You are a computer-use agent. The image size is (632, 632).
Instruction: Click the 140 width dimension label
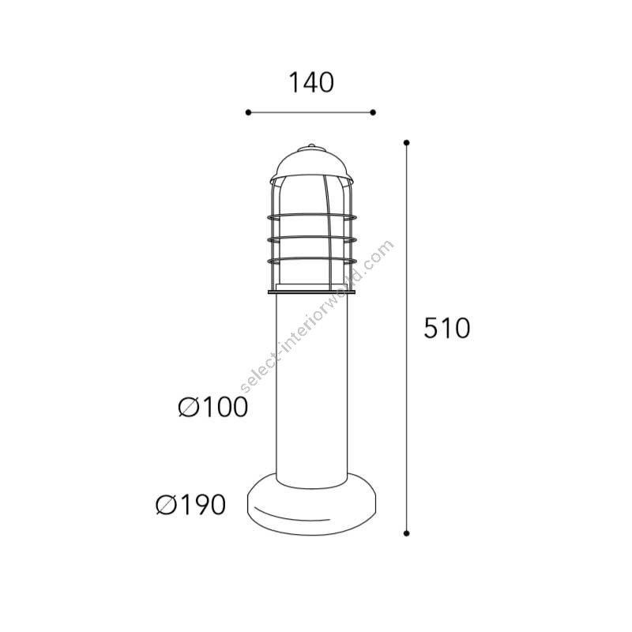point(311,83)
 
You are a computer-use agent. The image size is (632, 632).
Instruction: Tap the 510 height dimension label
point(446,328)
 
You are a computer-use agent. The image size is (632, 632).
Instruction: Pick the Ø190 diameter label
point(190,504)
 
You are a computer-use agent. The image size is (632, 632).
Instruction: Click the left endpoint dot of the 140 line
point(248,112)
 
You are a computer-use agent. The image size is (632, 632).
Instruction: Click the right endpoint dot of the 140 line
point(373,112)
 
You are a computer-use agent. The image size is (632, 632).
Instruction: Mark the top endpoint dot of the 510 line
point(406,143)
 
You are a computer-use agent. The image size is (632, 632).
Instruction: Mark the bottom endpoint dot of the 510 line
point(406,533)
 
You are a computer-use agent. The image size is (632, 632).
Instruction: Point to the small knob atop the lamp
point(311,145)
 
